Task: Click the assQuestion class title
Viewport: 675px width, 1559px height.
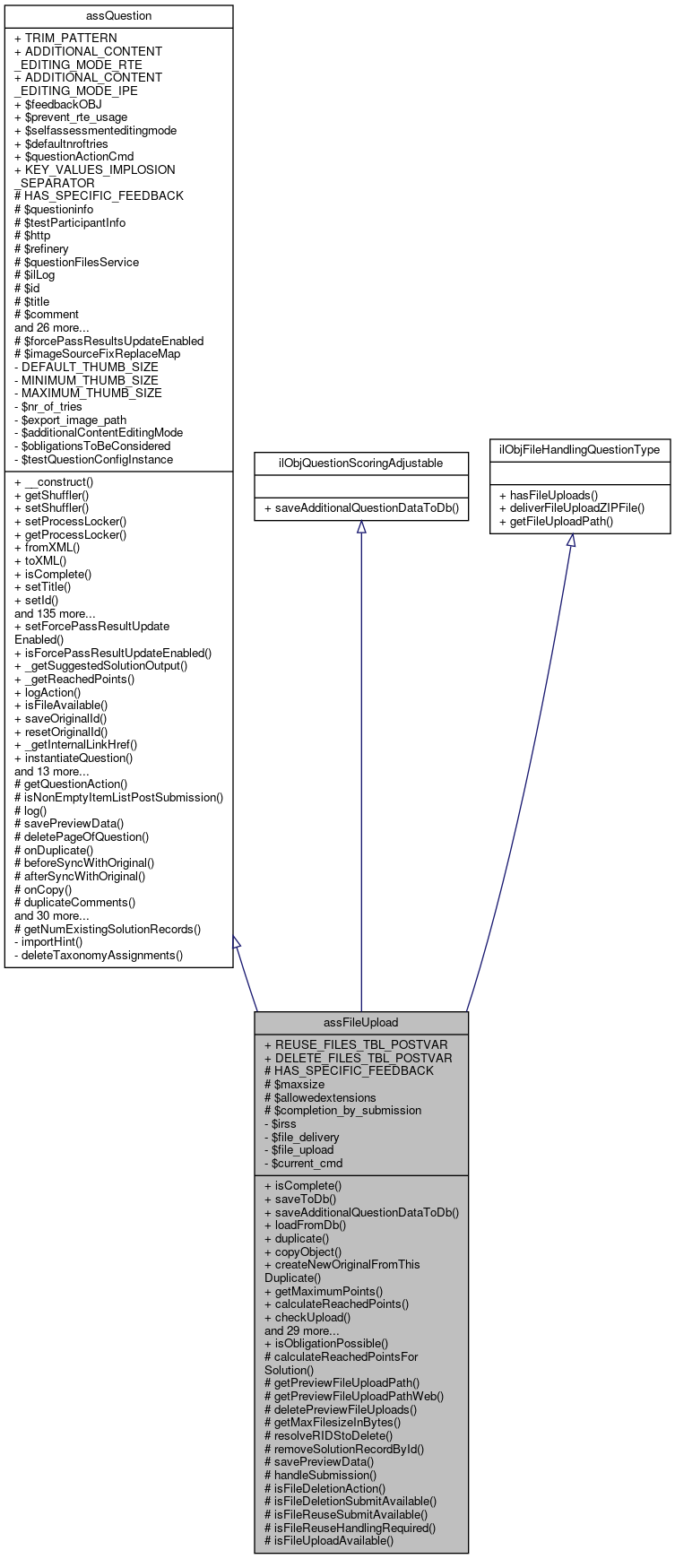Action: [x=118, y=15]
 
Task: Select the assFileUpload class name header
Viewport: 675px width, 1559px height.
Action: [x=360, y=1022]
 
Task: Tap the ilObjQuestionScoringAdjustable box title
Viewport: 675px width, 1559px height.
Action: [x=360, y=463]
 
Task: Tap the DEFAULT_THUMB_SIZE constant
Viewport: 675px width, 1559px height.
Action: [x=86, y=367]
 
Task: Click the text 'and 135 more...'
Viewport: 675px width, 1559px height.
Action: [x=55, y=613]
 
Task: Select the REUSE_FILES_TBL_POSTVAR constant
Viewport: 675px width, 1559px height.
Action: [x=356, y=1044]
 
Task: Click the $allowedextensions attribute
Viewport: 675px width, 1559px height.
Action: [x=320, y=1097]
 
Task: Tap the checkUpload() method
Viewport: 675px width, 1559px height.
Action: [x=307, y=1317]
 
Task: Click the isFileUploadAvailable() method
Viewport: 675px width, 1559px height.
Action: [x=329, y=1540]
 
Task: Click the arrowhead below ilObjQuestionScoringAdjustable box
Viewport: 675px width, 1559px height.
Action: [x=361, y=528]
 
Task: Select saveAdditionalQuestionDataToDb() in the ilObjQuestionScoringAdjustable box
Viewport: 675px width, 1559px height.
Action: [x=361, y=507]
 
